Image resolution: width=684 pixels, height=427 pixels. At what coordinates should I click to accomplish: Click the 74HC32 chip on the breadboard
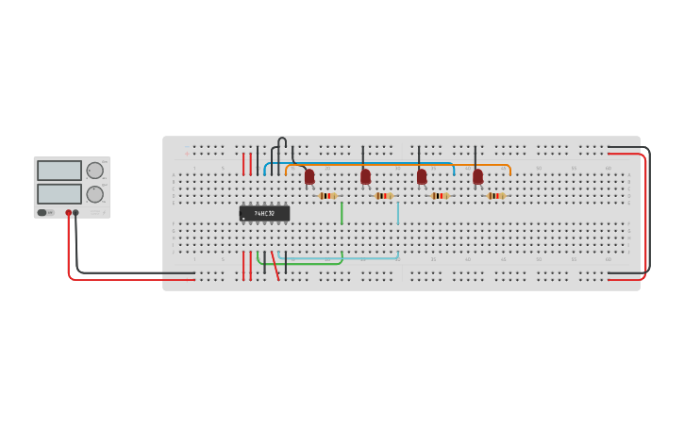tap(264, 214)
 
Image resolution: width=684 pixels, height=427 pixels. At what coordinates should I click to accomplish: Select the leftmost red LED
tap(309, 176)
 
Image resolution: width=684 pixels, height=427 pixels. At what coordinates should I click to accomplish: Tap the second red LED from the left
tap(365, 176)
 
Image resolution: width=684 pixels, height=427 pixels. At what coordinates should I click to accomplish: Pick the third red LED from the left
tap(422, 176)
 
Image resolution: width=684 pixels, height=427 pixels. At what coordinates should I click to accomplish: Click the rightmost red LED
tap(477, 176)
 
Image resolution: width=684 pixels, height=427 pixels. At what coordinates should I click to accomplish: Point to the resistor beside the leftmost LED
tap(327, 196)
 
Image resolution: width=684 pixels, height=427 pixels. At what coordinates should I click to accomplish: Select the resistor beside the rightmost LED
tap(495, 196)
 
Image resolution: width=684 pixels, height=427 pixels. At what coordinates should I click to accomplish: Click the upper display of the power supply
tap(59, 171)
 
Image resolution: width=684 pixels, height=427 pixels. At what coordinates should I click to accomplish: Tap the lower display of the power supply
tap(59, 193)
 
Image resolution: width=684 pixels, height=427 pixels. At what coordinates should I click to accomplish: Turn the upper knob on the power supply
tap(95, 171)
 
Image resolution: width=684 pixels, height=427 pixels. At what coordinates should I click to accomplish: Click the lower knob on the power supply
tap(95, 193)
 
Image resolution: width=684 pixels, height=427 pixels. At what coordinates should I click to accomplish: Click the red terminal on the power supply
tap(68, 213)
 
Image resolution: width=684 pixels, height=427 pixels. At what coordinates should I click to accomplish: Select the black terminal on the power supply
tap(75, 213)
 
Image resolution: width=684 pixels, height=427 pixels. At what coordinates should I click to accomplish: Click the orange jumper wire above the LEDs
tap(396, 166)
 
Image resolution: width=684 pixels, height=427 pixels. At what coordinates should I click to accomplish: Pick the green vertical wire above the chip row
tap(342, 212)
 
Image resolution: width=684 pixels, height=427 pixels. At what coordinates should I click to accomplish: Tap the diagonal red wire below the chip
tap(275, 266)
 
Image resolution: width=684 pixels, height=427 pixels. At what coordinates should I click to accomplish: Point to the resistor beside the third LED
tap(440, 196)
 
